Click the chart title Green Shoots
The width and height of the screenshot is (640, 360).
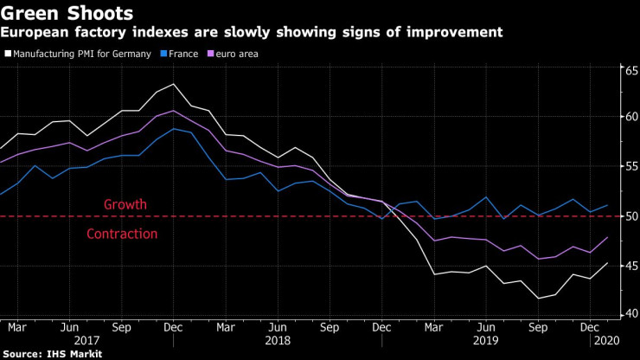(x=67, y=13)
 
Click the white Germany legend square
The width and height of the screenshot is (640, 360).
(x=8, y=54)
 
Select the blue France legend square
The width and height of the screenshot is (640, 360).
(x=163, y=54)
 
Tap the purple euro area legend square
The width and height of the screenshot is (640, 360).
(x=211, y=54)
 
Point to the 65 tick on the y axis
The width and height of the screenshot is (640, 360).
(x=631, y=71)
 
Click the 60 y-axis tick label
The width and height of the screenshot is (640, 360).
(x=631, y=117)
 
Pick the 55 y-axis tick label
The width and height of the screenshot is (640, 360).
(x=631, y=166)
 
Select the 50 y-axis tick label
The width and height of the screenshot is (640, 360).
(x=631, y=216)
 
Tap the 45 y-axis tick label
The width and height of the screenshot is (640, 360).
(x=631, y=266)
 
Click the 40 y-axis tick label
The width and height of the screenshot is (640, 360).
(x=631, y=313)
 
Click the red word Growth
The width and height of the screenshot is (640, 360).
(x=125, y=204)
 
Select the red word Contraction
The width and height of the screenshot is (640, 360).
(x=122, y=234)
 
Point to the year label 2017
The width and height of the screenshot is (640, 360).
(x=87, y=340)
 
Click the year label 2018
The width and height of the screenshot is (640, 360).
(x=278, y=340)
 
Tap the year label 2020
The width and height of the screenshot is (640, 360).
(x=607, y=340)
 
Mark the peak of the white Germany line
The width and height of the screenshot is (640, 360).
(x=174, y=84)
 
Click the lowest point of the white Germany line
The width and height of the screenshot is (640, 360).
(x=538, y=299)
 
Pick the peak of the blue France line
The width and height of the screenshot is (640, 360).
(x=174, y=129)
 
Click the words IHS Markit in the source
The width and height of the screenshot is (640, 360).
(x=74, y=354)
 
